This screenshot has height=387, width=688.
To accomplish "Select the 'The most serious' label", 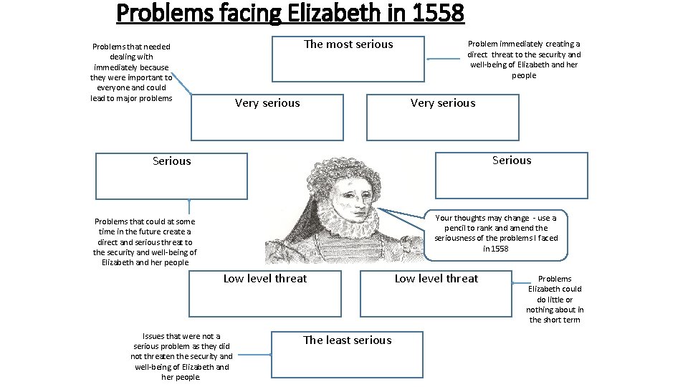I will (x=348, y=44).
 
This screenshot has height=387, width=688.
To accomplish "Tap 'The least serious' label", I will (x=347, y=340).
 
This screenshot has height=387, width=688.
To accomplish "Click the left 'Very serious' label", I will (x=267, y=103).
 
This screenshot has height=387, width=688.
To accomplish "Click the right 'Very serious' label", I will (x=442, y=103).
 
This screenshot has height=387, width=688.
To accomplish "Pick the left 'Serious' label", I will (x=172, y=161).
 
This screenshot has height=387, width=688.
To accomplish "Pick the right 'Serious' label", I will (x=512, y=161).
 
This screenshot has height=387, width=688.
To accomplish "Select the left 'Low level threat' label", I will (x=265, y=279).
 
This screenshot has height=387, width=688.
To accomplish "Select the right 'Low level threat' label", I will (x=436, y=279).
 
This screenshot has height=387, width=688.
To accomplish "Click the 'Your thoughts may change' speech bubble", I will (x=496, y=233).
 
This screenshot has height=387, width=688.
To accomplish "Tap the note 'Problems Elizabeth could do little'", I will (x=555, y=299).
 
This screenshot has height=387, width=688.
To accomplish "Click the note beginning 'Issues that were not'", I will (x=181, y=356).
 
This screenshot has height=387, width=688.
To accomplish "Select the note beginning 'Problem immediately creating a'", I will (x=524, y=59).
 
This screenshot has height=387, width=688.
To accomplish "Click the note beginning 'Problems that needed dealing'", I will (x=131, y=72).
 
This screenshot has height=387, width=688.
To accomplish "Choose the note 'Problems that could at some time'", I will (x=145, y=242).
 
